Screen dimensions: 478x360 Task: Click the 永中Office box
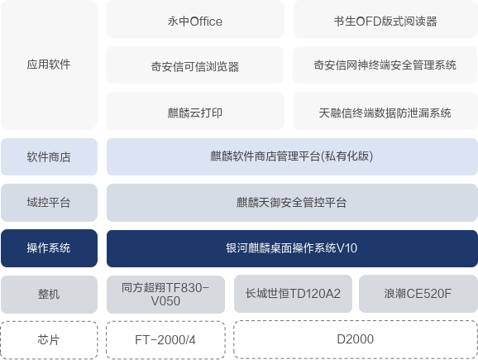click(195, 19)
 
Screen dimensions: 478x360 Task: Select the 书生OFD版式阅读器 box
click(385, 19)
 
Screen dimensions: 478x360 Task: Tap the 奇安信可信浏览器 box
click(195, 65)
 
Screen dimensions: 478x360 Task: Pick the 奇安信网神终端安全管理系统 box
click(385, 65)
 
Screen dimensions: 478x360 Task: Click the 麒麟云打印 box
click(195, 111)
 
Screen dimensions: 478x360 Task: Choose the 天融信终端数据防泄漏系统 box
click(385, 111)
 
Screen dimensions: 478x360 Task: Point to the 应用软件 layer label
click(49, 65)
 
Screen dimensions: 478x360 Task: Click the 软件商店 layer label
click(49, 156)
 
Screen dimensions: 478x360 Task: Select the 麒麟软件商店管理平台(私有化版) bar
click(292, 156)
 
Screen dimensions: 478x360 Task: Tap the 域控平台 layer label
click(49, 203)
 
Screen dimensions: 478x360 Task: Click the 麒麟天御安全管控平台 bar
click(292, 203)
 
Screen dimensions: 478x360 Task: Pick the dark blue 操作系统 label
click(49, 248)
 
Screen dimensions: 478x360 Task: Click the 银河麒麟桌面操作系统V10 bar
click(292, 248)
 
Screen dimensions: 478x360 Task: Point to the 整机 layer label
click(49, 295)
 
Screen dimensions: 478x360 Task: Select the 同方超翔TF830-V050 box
click(166, 295)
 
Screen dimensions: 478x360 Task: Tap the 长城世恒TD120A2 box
click(293, 294)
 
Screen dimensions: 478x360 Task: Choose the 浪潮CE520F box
click(418, 294)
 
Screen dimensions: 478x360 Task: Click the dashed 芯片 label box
click(49, 340)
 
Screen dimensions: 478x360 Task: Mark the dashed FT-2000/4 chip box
click(166, 340)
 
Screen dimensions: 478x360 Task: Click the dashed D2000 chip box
click(356, 339)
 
